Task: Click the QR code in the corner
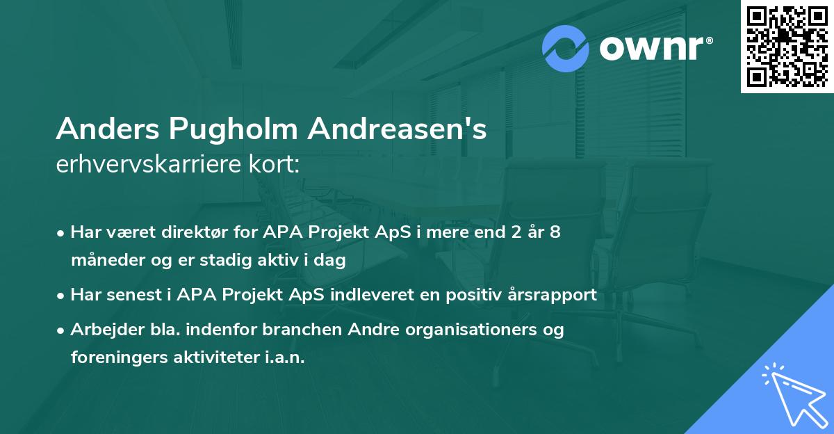(x=787, y=47)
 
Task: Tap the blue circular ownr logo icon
(x=566, y=49)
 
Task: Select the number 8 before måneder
(x=555, y=232)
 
